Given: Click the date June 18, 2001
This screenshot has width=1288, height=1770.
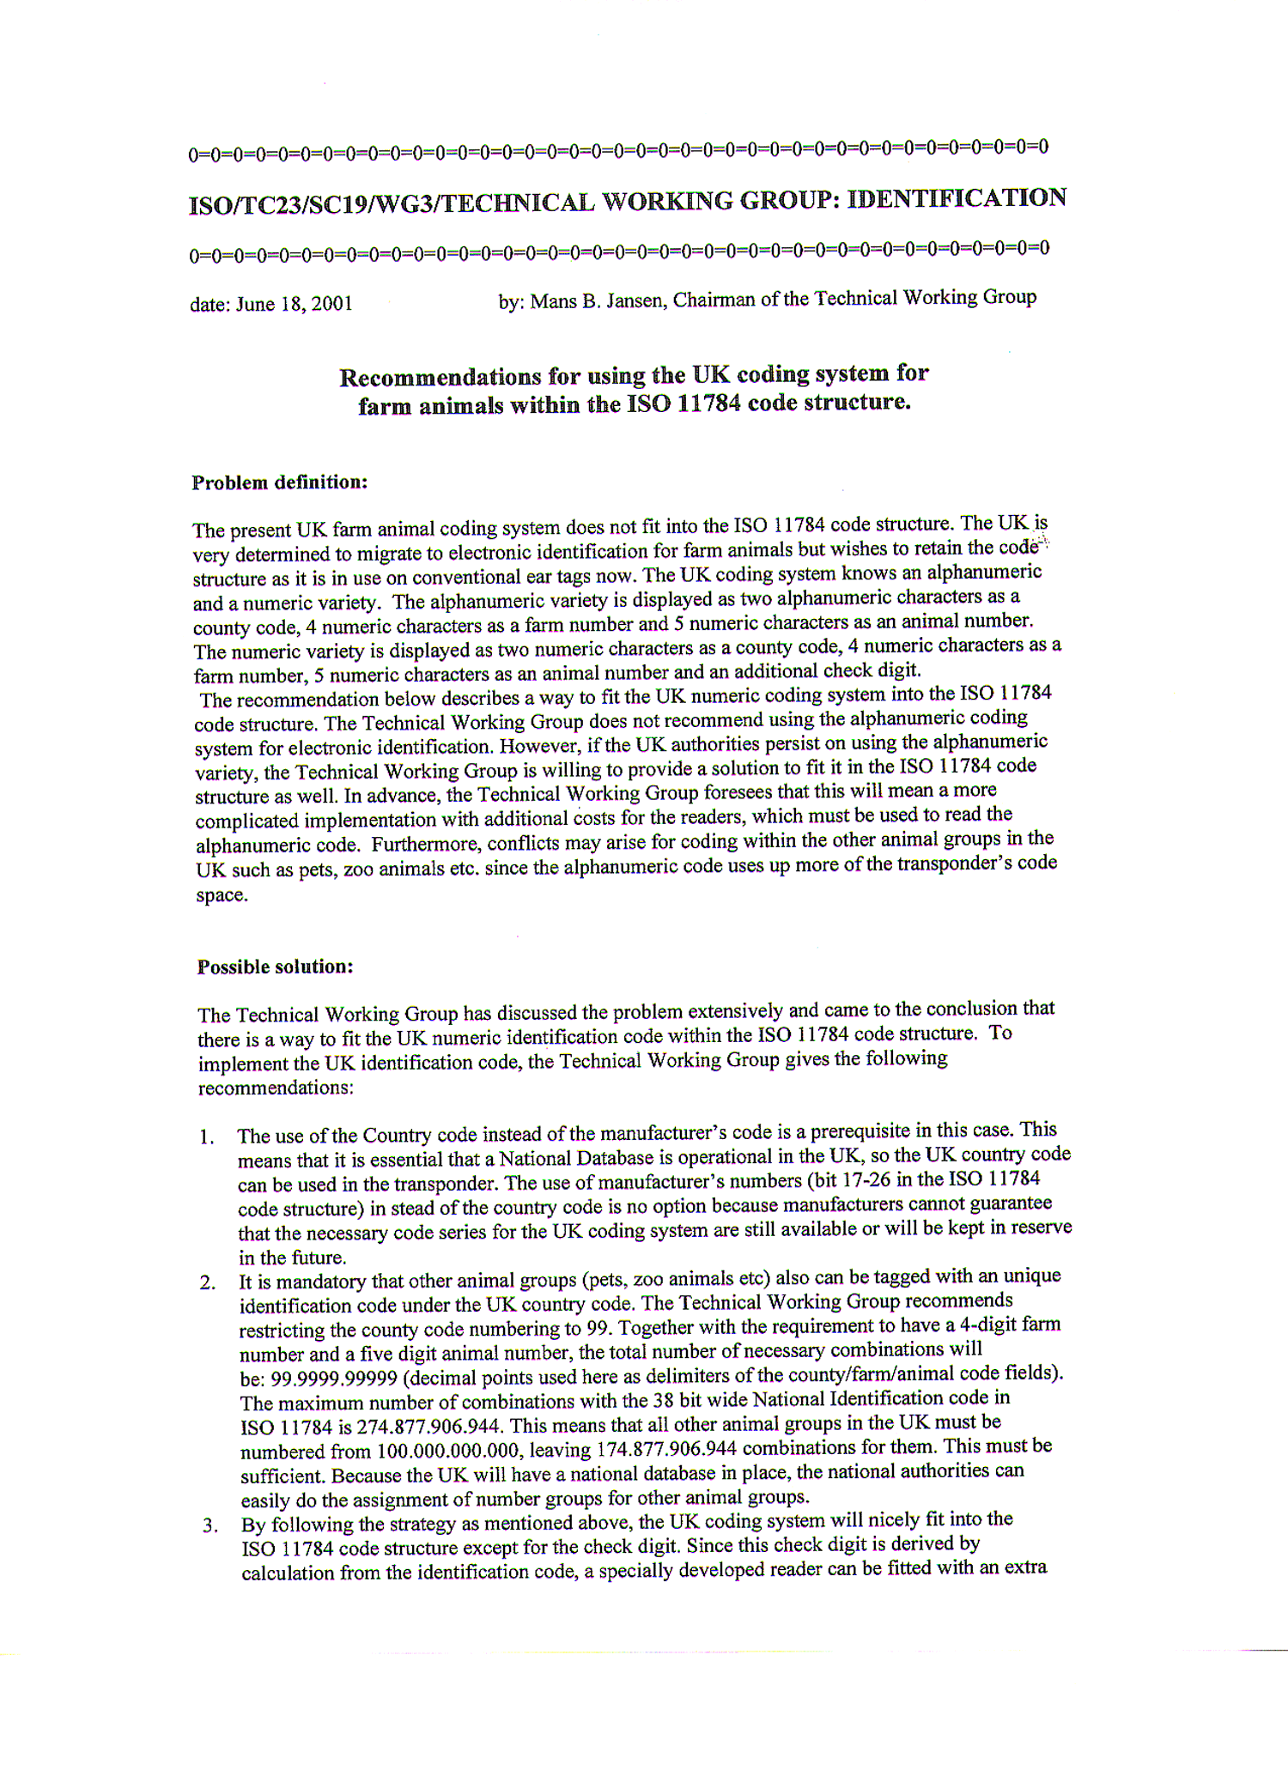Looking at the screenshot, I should pyautogui.click(x=294, y=304).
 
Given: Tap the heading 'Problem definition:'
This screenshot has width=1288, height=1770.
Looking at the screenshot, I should pyautogui.click(x=280, y=482).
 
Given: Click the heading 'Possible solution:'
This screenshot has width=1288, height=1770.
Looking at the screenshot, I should pyautogui.click(x=276, y=967).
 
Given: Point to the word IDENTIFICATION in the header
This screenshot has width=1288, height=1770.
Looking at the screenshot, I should pyautogui.click(x=957, y=198).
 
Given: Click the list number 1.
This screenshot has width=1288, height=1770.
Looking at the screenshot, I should pyautogui.click(x=206, y=1137).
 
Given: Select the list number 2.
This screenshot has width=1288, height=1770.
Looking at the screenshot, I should pyautogui.click(x=207, y=1283).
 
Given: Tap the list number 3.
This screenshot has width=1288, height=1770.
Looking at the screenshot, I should pyautogui.click(x=210, y=1525).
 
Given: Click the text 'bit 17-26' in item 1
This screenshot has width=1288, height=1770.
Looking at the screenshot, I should pyautogui.click(x=848, y=1180).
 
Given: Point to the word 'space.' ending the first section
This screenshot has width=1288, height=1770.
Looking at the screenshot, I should pyautogui.click(x=222, y=895).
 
